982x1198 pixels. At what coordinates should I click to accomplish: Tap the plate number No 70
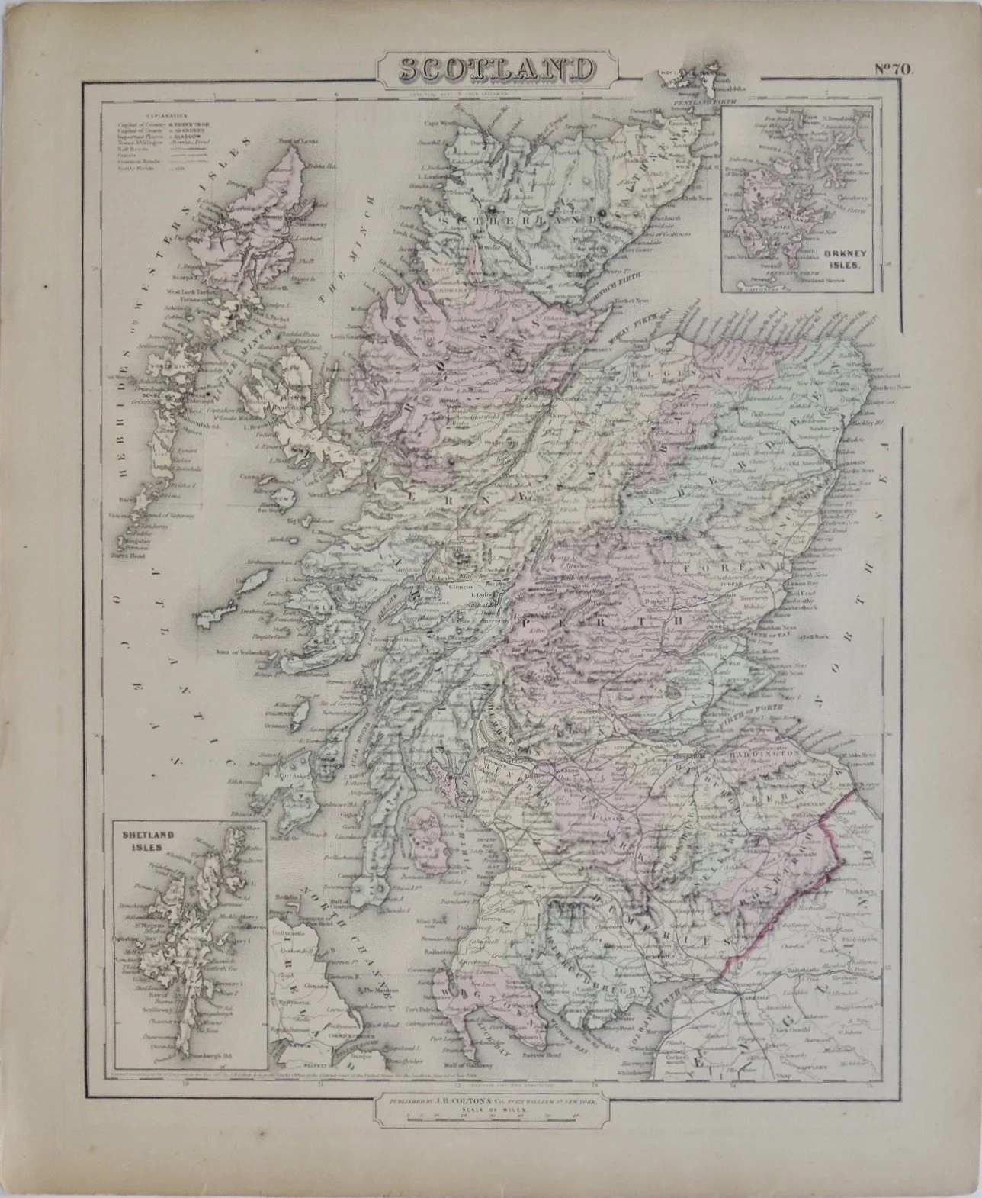(x=897, y=68)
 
